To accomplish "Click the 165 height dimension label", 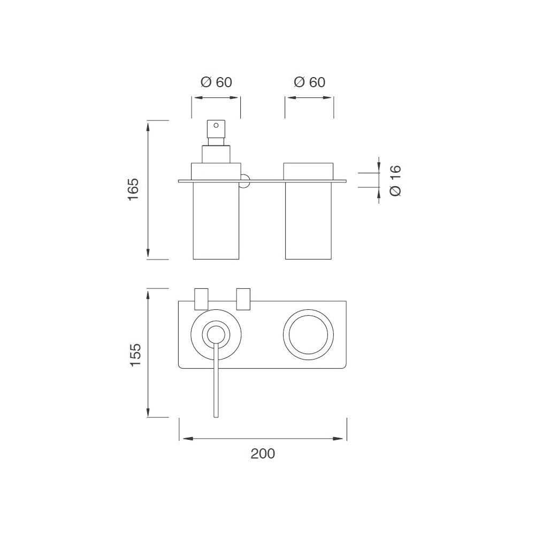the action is [134, 189].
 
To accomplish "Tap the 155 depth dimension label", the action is [135, 355].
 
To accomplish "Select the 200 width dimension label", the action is [263, 454].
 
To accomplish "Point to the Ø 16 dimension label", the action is [395, 181].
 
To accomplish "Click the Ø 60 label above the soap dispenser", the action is [216, 82].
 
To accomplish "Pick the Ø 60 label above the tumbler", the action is [309, 82].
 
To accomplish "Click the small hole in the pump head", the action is [216, 125].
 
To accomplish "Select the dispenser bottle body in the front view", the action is [216, 220].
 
